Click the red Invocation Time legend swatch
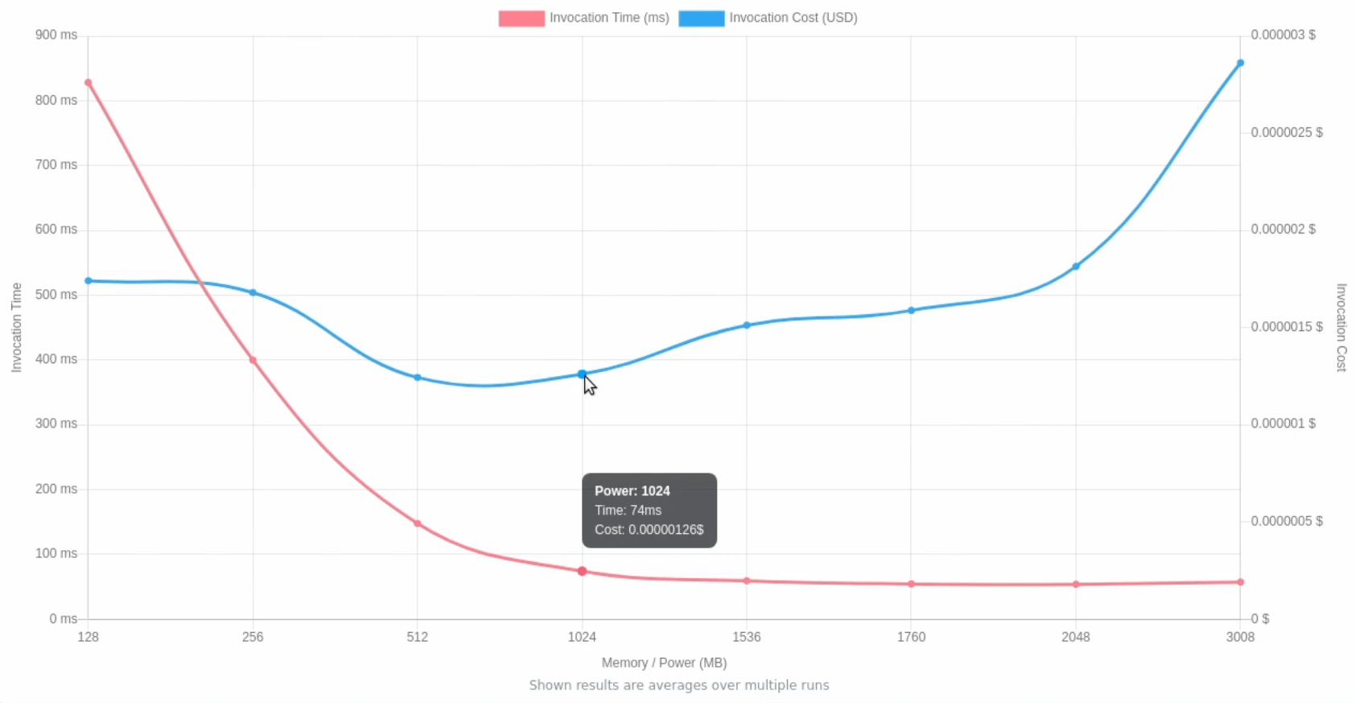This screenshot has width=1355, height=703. pos(521,19)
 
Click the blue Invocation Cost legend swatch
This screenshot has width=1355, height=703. pos(701,19)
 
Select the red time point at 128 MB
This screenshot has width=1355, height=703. pos(89,83)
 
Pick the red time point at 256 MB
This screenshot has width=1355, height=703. pos(253,360)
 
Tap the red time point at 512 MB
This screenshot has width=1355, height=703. pos(418,523)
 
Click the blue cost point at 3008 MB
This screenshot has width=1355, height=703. pos(1240,63)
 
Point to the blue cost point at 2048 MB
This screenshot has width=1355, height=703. pos(1076,267)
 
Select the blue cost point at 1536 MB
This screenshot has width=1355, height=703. pos(747,325)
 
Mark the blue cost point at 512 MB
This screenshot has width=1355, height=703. pos(418,378)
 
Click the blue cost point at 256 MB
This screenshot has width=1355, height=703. pos(253,292)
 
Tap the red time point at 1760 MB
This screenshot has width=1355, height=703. pos(912,584)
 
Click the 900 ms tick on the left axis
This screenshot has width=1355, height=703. pos(56,35)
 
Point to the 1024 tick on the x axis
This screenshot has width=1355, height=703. pos(582,637)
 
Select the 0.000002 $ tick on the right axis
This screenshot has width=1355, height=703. pos(1283,230)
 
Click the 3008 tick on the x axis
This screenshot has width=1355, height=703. pos(1240,637)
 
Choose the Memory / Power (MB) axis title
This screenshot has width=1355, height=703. pos(664,663)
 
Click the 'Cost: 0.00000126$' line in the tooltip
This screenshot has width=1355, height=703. pos(649,530)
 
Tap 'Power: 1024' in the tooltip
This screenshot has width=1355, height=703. pos(632,491)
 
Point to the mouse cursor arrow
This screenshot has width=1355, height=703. pos(590,385)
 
